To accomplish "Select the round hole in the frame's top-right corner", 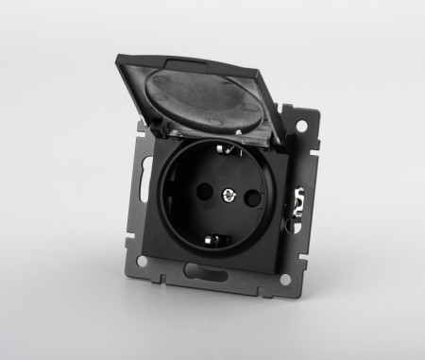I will [303, 125].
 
